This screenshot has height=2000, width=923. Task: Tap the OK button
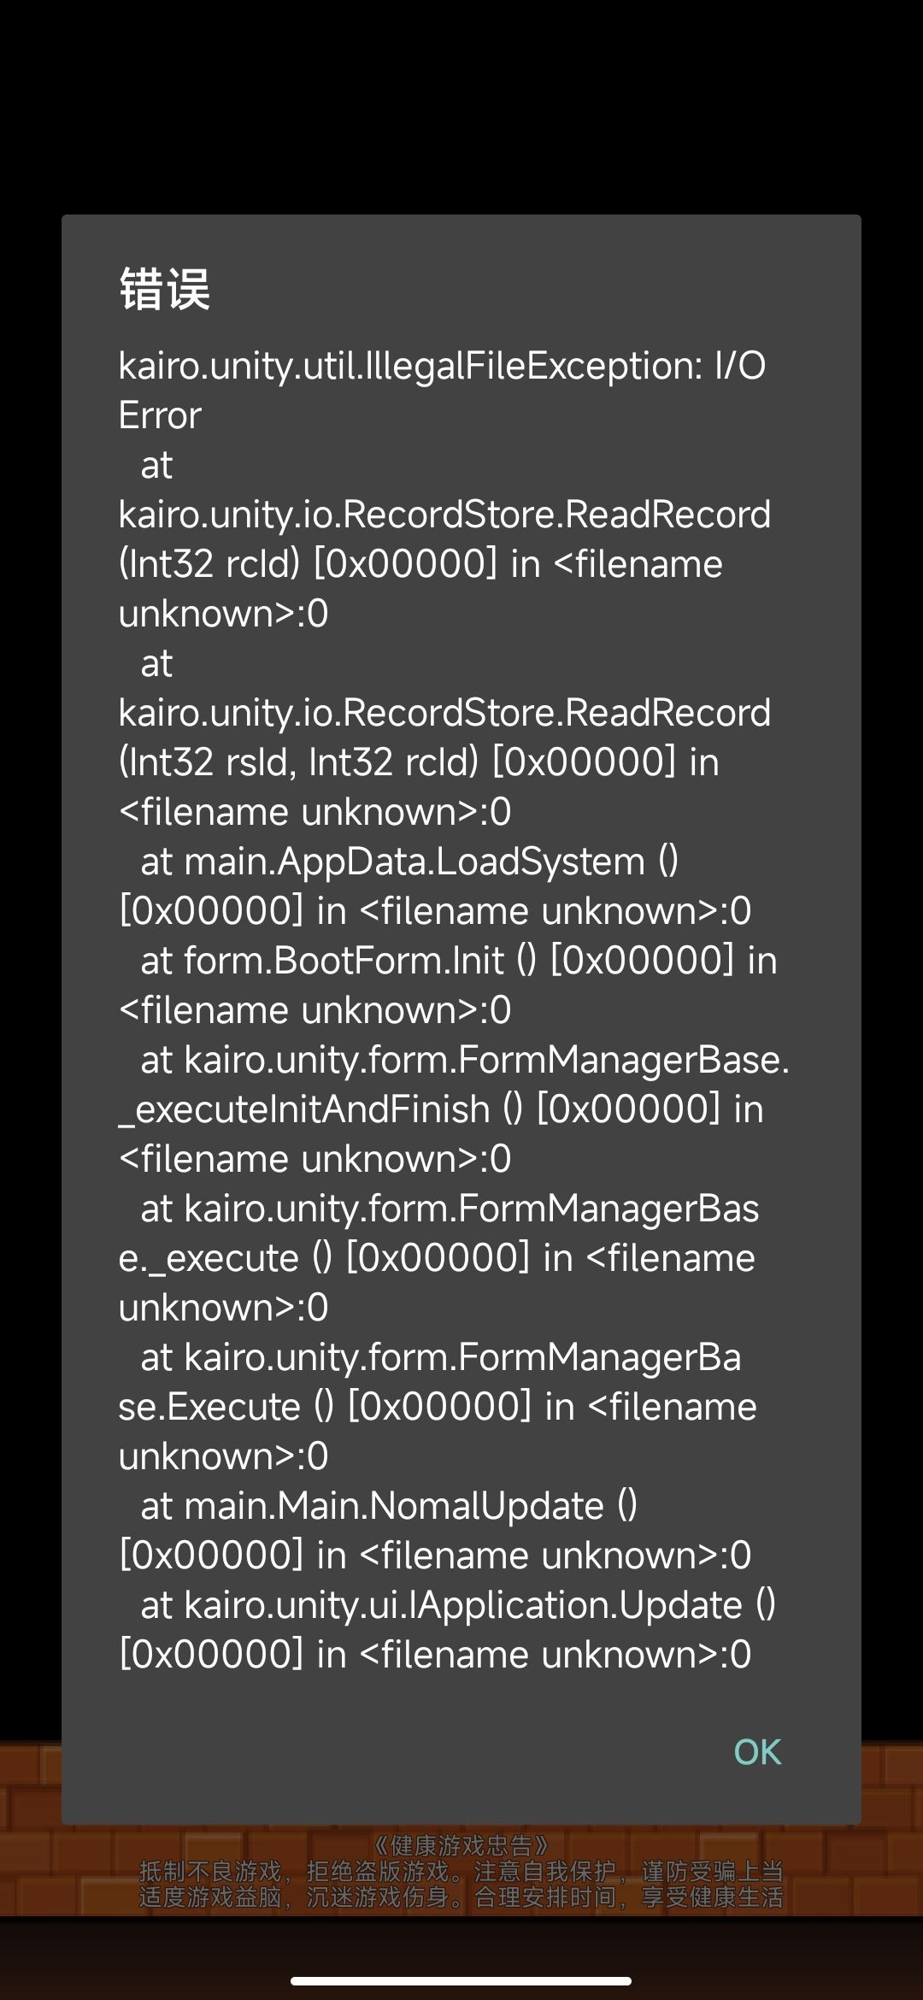point(757,1751)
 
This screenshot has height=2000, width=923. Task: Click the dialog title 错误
point(165,289)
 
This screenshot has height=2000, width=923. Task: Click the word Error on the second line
point(160,415)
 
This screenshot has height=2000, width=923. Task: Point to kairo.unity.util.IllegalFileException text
point(405,366)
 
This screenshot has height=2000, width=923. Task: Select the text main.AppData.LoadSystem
point(414,862)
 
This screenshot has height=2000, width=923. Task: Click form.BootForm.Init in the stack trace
point(344,961)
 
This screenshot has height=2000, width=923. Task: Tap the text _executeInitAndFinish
point(304,1109)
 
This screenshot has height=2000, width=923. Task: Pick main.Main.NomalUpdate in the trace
point(394,1506)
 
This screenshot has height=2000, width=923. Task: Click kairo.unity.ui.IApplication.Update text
point(463,1605)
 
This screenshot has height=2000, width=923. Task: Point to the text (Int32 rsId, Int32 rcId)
point(297,762)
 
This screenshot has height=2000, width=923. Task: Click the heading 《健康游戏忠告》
point(461,1846)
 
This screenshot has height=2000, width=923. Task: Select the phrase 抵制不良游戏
point(210,1871)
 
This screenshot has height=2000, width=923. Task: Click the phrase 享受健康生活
point(712,1897)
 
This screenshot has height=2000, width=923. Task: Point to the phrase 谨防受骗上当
point(712,1871)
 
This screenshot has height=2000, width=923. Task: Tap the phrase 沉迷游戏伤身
point(378,1897)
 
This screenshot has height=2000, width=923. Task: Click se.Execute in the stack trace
point(209,1407)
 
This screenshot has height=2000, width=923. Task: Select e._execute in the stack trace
point(209,1258)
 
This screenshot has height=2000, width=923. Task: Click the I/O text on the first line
point(739,366)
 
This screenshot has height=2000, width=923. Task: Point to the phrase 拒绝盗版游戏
point(378,1871)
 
